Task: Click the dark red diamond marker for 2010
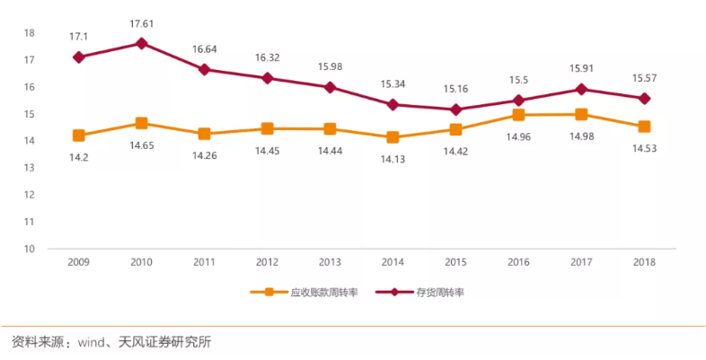[141, 43]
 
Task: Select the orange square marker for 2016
[519, 115]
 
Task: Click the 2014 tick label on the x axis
[393, 262]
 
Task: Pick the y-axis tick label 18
[29, 33]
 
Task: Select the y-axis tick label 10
[29, 249]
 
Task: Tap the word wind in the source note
[95, 342]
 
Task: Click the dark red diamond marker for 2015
[456, 110]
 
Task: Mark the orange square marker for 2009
[79, 136]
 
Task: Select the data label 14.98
[581, 136]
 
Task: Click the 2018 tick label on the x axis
[644, 262]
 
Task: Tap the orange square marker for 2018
[644, 127]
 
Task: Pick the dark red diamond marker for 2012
[268, 78]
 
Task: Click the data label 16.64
[205, 51]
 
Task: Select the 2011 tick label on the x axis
[205, 262]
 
